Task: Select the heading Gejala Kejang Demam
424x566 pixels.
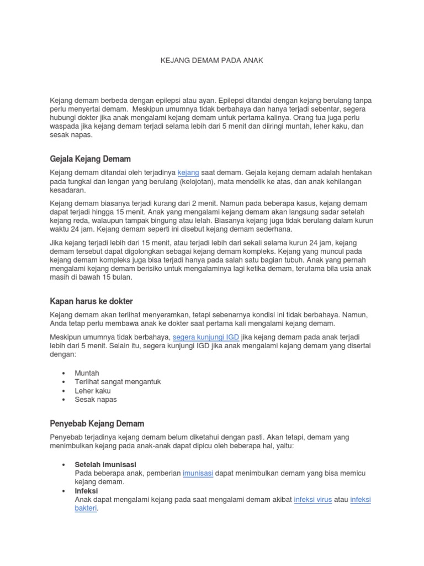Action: (x=91, y=159)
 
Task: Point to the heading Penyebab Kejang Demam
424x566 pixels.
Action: (x=97, y=423)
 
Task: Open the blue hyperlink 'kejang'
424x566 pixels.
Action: (x=188, y=172)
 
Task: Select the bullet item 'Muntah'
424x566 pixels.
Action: (x=87, y=373)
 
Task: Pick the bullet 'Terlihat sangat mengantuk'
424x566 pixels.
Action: (x=118, y=382)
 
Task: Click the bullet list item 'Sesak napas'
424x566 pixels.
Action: (x=96, y=399)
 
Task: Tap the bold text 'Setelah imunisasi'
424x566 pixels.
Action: (x=105, y=465)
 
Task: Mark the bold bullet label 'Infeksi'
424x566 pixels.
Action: (x=86, y=490)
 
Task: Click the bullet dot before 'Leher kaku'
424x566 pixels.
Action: (x=65, y=391)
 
